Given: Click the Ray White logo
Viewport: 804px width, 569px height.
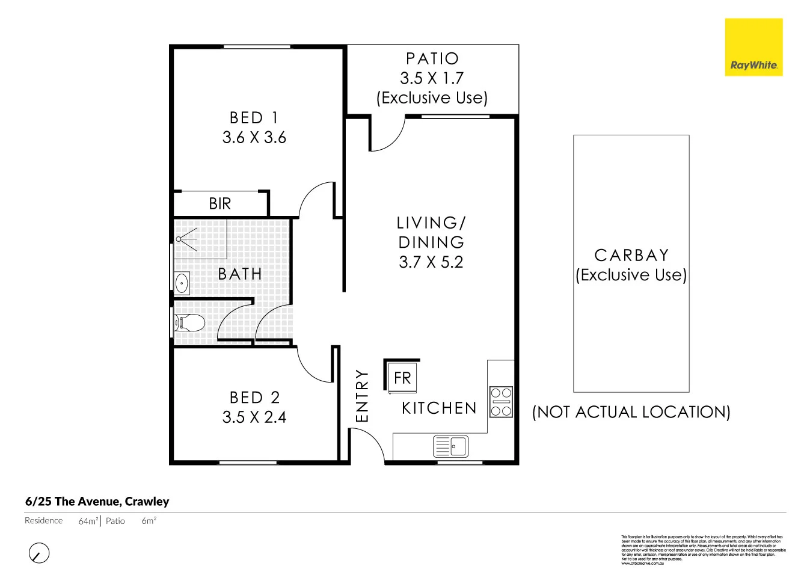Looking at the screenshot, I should click(753, 48).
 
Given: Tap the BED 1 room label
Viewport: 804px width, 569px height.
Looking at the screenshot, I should click(254, 118).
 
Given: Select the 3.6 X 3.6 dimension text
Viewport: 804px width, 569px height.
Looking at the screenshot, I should click(254, 138).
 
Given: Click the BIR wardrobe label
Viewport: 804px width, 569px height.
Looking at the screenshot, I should click(220, 204).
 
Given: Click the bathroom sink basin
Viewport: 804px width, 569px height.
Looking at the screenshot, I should click(182, 282).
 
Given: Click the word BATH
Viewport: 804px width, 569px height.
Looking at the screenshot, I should click(240, 274).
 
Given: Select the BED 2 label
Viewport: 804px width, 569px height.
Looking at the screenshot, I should click(254, 398).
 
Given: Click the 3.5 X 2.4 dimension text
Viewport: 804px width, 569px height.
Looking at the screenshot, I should click(254, 417).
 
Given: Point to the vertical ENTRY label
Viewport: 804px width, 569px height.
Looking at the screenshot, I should click(361, 395).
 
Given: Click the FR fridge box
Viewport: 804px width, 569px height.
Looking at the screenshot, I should click(402, 378).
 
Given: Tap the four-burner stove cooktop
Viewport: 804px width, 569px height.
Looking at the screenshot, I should click(501, 402).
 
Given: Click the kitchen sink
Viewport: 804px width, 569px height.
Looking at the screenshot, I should click(451, 446).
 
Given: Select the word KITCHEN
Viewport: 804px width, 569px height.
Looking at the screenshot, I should click(439, 408).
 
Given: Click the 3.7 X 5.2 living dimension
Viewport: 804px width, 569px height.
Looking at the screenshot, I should click(431, 262).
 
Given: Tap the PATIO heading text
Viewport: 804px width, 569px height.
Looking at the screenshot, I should click(432, 59).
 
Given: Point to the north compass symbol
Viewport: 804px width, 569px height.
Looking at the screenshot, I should click(39, 553).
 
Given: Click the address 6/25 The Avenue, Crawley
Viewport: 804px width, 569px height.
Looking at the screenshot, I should click(97, 502).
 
